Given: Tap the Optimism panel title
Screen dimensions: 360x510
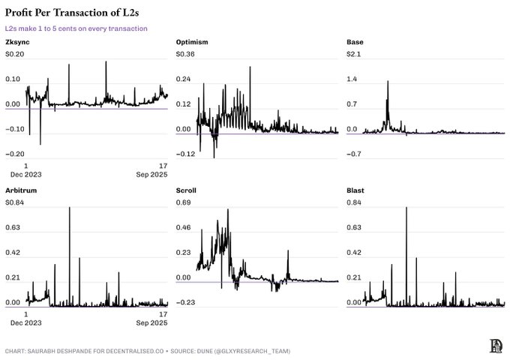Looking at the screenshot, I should coord(191,41).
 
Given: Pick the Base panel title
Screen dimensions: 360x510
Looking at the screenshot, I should coord(355,41).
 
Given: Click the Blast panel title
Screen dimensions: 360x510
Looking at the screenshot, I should coord(355,190).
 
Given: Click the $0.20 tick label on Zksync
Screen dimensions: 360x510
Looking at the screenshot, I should coord(15,54).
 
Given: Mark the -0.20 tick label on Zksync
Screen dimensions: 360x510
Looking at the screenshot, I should coord(16,154).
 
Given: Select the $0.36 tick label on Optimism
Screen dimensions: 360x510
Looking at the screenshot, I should coord(185,54).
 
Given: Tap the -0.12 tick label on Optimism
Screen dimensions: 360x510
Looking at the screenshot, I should coord(185,154).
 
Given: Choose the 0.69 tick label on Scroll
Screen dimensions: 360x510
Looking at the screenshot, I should coord(183,202).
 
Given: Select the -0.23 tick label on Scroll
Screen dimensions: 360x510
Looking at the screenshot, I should coord(185,302).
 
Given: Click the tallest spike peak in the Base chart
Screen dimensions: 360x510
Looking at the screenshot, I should coord(388,82).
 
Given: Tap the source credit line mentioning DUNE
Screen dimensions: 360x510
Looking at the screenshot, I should coord(147,350).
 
